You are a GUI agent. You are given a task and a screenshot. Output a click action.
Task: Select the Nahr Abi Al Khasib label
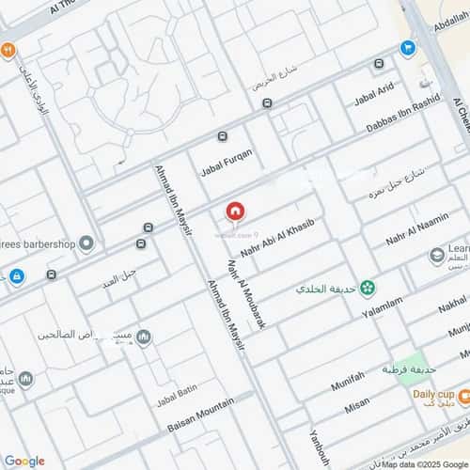tap(276, 241)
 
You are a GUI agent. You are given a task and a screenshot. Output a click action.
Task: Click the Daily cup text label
tap(434, 392)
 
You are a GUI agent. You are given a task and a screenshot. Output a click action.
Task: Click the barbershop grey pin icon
tap(86, 244)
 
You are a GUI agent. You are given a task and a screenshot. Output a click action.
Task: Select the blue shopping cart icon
tap(407, 47)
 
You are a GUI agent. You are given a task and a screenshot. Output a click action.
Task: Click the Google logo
tap(24, 461)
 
